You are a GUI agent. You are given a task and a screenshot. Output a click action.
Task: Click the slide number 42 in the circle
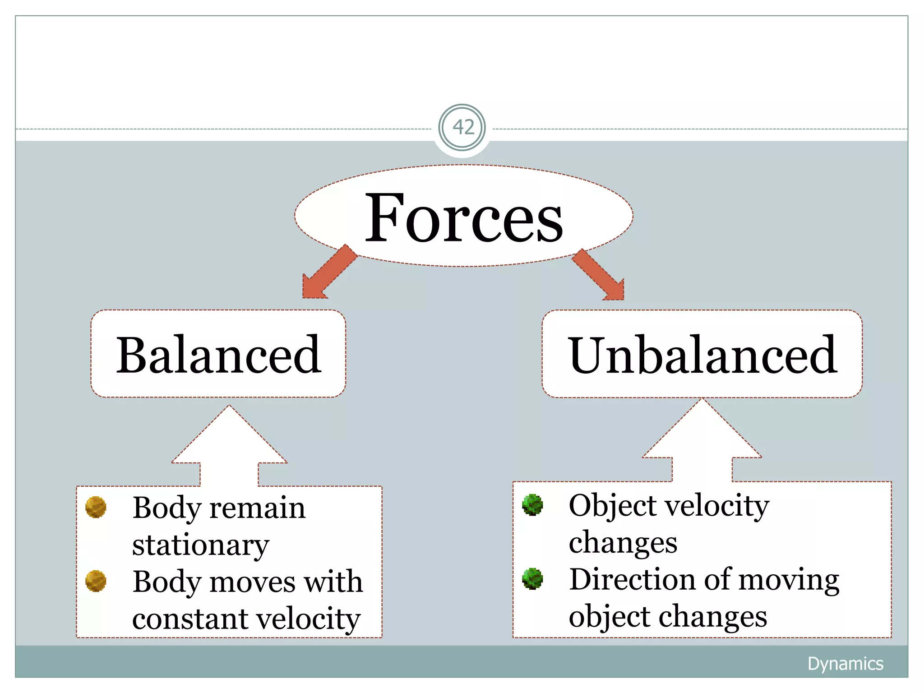(x=462, y=128)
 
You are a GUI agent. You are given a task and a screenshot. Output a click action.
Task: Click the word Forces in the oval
(x=463, y=218)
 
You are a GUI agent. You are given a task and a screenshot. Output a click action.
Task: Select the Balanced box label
(x=219, y=355)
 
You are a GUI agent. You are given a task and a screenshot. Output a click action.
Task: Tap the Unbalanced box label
(x=702, y=355)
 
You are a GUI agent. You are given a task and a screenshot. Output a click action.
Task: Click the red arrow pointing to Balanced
(x=328, y=273)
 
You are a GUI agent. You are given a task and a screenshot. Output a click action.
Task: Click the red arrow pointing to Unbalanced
(x=601, y=275)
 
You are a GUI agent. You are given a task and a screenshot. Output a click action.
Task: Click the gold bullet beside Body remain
(x=96, y=507)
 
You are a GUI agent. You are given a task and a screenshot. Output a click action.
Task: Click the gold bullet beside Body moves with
(x=96, y=581)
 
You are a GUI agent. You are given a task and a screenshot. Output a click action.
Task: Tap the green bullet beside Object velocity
(x=532, y=504)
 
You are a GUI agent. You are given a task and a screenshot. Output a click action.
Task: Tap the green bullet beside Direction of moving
(x=532, y=578)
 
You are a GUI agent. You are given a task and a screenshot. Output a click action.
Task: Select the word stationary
(x=200, y=545)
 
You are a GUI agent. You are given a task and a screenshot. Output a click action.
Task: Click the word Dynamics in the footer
(x=845, y=664)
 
